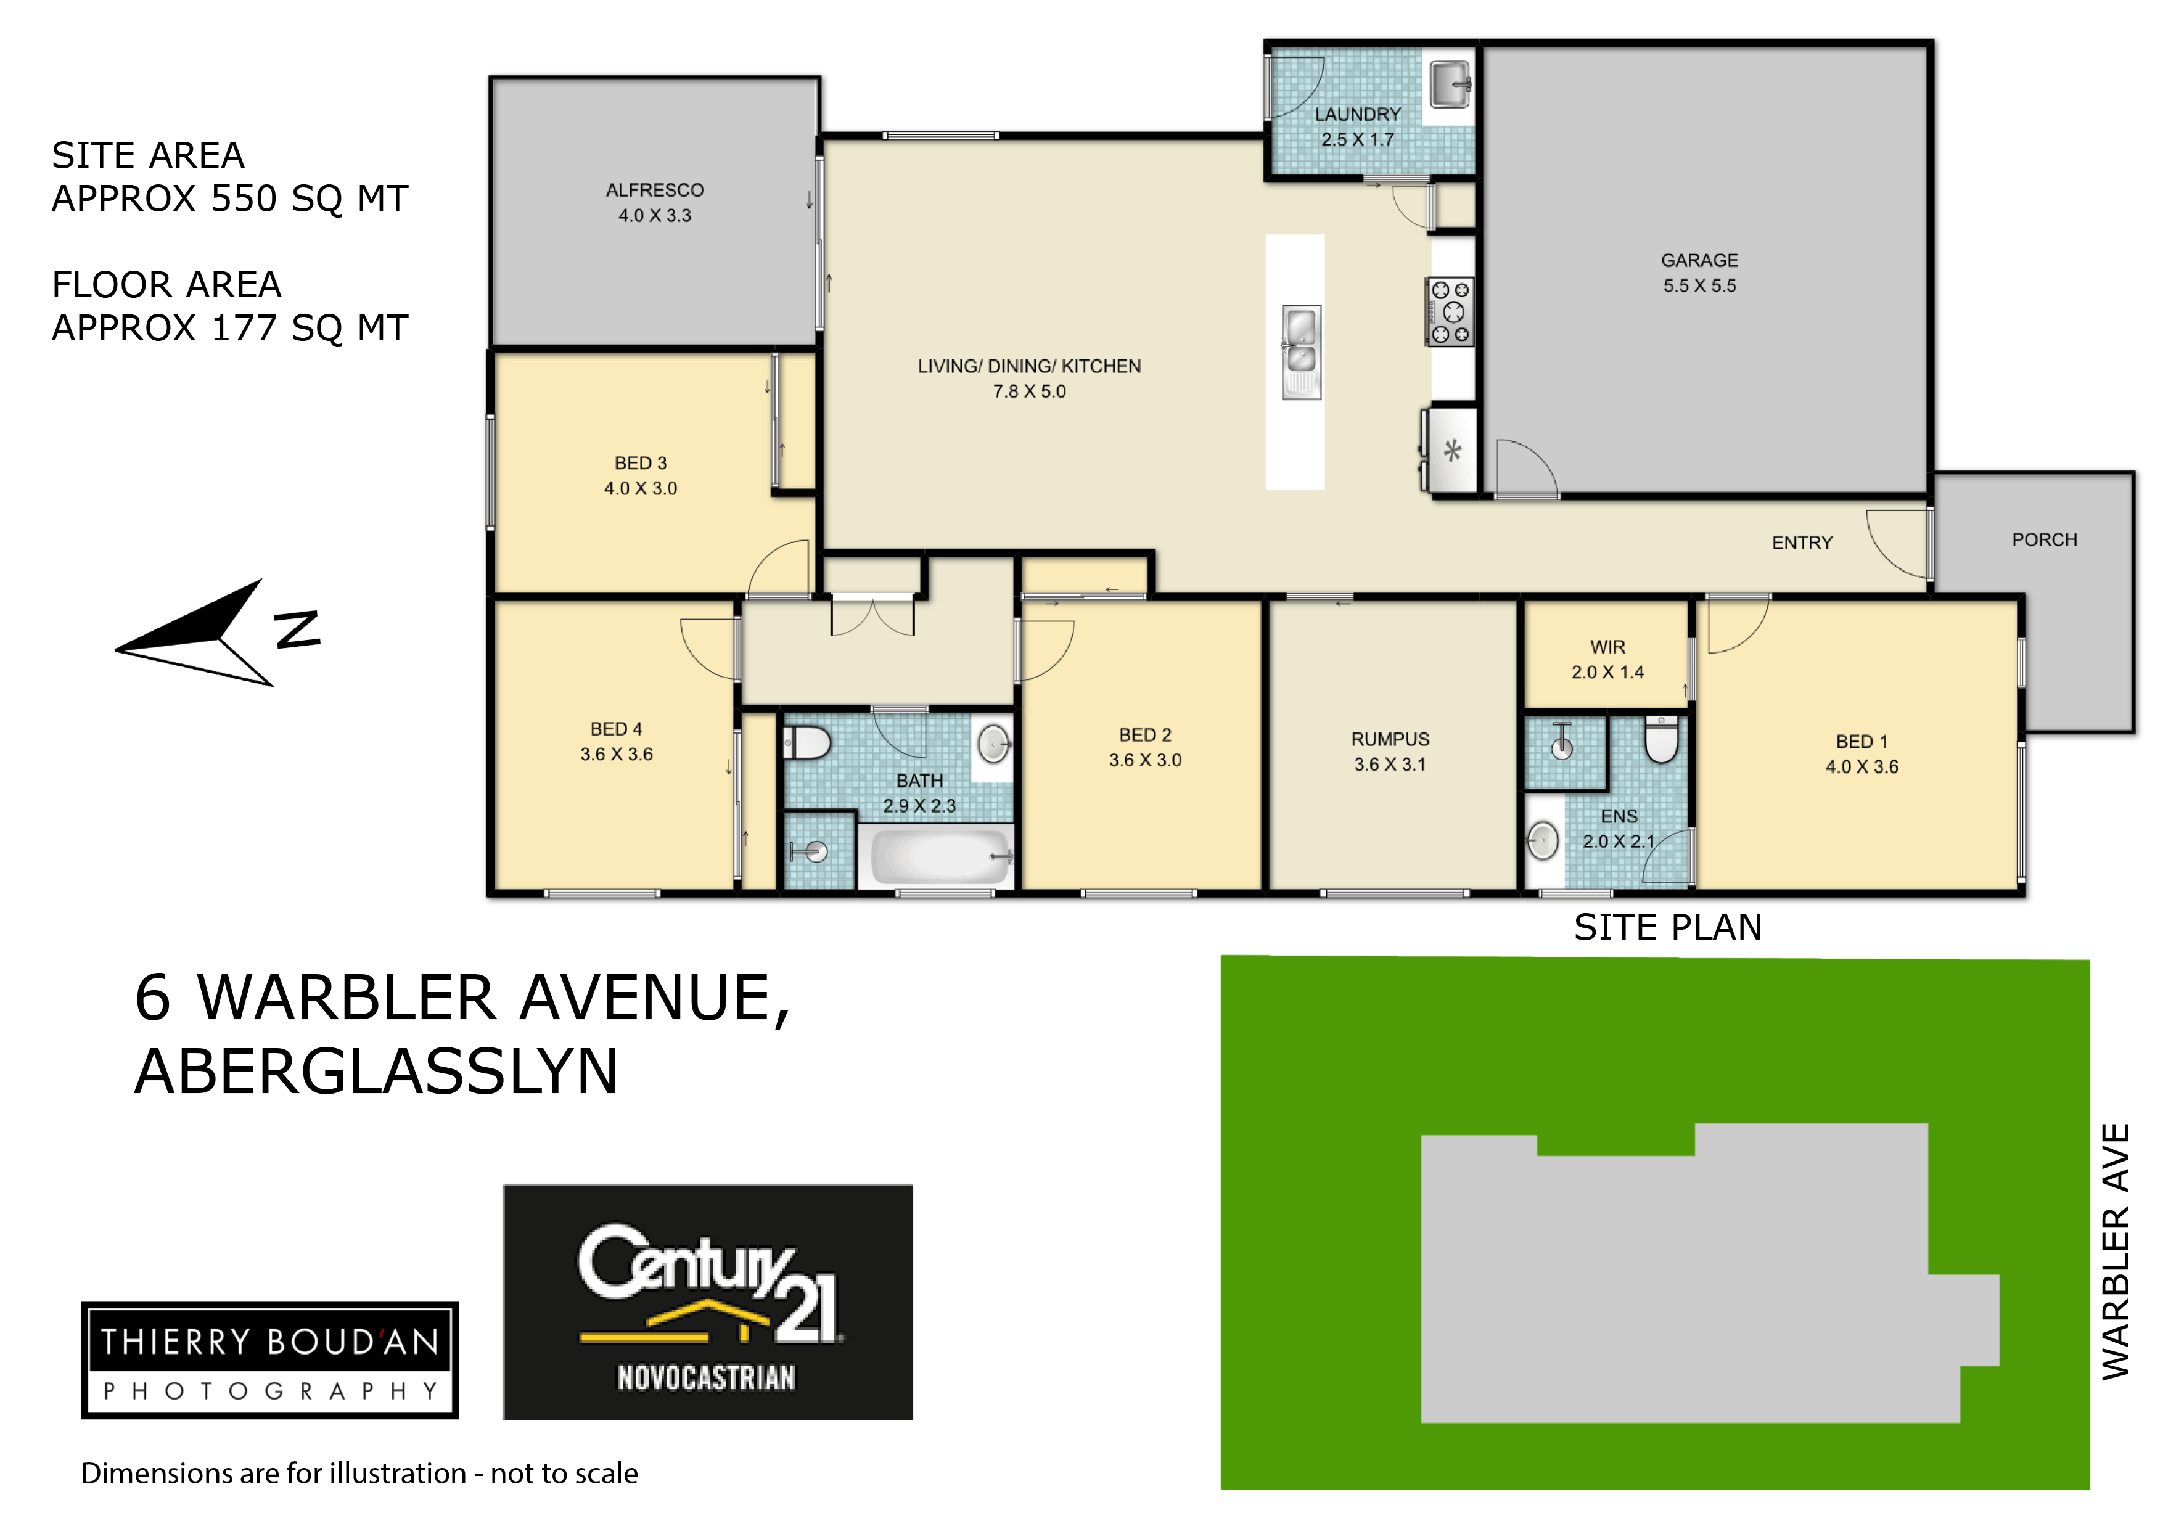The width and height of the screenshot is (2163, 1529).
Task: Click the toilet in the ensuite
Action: (x=1661, y=739)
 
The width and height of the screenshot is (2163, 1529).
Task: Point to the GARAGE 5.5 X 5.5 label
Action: (x=1699, y=273)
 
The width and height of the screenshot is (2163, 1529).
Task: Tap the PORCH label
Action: (x=2044, y=540)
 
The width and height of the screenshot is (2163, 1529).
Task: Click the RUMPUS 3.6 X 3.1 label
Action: (x=1390, y=752)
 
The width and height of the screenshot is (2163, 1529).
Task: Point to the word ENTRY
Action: (x=1802, y=543)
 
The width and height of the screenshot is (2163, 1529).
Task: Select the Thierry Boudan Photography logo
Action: (x=269, y=1360)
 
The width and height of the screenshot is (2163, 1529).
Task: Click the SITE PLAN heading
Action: (x=1667, y=928)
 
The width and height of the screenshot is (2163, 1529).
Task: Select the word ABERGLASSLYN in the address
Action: (x=376, y=1072)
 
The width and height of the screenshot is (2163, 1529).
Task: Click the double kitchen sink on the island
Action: (x=1301, y=352)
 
